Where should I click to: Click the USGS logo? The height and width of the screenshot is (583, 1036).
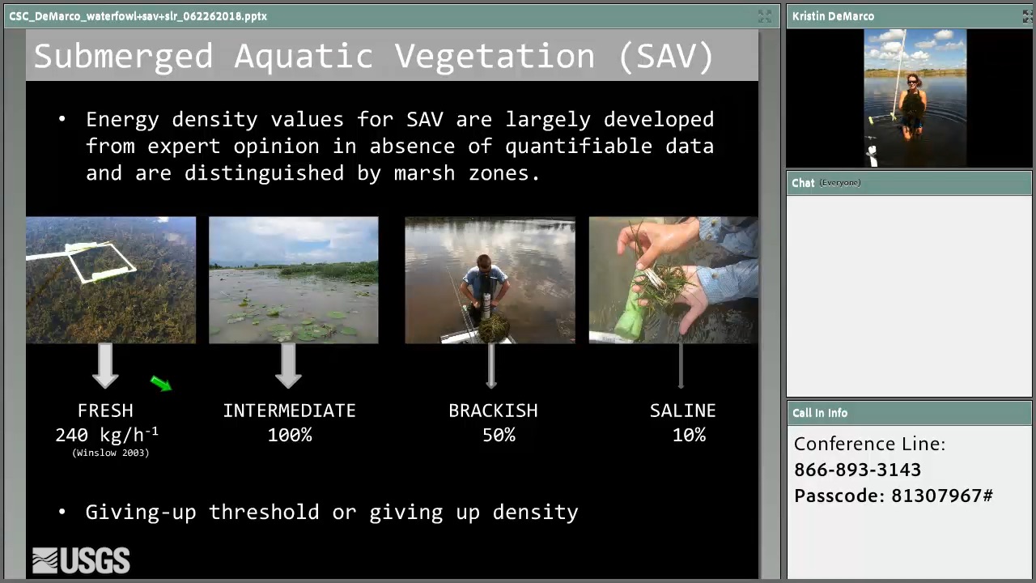click(x=81, y=560)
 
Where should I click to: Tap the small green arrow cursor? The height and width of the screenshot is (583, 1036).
click(x=161, y=383)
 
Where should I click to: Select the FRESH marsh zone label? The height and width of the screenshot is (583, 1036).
click(x=105, y=411)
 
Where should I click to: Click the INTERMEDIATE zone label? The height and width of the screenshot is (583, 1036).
click(x=290, y=411)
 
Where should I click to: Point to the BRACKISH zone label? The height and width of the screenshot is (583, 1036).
click(x=493, y=411)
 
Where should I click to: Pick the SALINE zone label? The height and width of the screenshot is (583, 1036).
click(x=682, y=411)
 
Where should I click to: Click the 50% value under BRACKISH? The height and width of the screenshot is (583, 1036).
click(x=499, y=435)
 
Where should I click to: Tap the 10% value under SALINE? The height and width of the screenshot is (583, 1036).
click(x=689, y=435)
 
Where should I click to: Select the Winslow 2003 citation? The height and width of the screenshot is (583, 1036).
click(x=111, y=453)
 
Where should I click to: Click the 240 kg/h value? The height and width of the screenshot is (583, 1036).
click(x=107, y=435)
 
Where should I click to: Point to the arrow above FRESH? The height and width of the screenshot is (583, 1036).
click(x=105, y=365)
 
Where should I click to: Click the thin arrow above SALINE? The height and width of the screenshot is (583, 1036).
click(x=681, y=365)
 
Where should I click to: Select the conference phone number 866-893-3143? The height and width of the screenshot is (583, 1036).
click(x=857, y=470)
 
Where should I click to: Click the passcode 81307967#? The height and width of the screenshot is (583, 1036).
click(x=941, y=496)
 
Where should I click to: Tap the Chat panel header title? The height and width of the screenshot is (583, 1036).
click(x=803, y=183)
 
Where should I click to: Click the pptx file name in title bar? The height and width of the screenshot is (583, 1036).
click(x=138, y=16)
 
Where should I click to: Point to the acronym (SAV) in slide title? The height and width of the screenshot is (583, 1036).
click(x=666, y=57)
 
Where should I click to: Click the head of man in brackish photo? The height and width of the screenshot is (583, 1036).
click(x=484, y=263)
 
